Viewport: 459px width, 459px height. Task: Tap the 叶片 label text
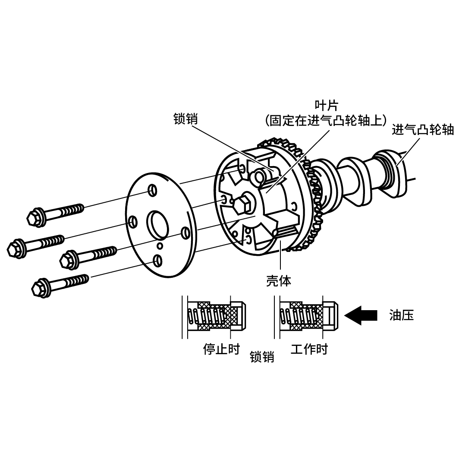pyautogui.click(x=326, y=105)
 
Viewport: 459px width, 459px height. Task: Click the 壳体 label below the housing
pyautogui.click(x=278, y=281)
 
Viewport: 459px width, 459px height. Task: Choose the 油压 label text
pyautogui.click(x=402, y=315)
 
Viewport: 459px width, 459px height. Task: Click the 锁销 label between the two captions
pyautogui.click(x=262, y=357)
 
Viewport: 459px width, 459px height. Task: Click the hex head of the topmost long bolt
pyautogui.click(x=35, y=218)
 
